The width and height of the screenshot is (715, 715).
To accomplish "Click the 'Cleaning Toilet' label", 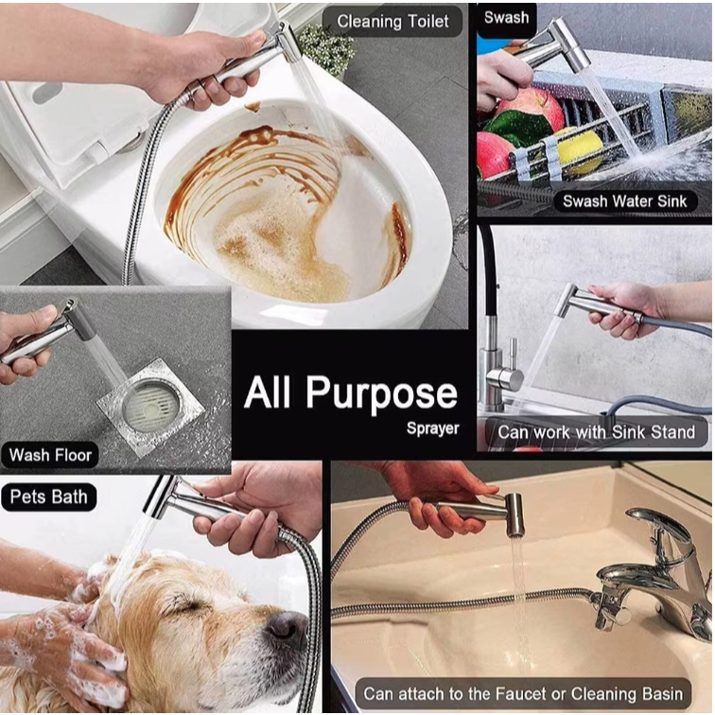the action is (x=392, y=22).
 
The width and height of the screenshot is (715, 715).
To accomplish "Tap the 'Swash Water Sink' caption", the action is (x=624, y=201).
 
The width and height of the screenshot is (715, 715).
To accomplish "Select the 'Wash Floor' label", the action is (x=50, y=455).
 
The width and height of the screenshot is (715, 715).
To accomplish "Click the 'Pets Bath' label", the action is (x=48, y=497).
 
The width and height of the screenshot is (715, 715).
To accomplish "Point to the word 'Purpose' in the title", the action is (x=382, y=393).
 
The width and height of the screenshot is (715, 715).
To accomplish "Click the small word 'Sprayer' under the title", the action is (x=433, y=428).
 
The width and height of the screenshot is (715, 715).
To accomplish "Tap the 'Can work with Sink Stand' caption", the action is (x=596, y=432).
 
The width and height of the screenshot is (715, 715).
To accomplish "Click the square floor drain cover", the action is (x=150, y=406).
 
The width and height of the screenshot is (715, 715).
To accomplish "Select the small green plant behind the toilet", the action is (x=325, y=48).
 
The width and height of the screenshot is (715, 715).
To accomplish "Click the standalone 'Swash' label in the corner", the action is (x=506, y=17).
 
